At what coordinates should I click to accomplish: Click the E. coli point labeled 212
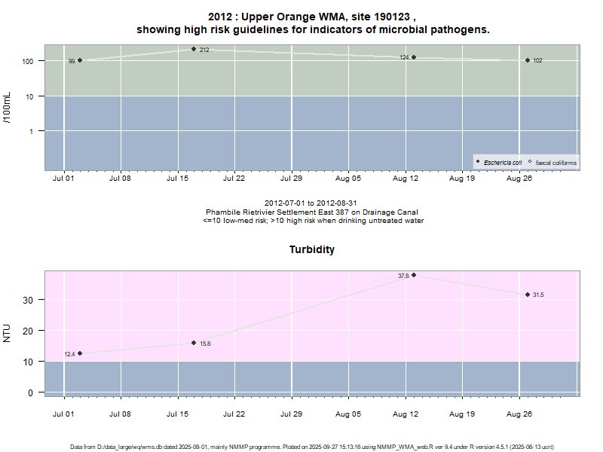coord(194,49)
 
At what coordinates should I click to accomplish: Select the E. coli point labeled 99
coord(80,60)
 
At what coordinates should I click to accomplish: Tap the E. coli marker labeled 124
coord(414,57)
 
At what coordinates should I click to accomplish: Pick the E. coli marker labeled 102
coord(528,60)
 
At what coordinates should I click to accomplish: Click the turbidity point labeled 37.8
coord(414,275)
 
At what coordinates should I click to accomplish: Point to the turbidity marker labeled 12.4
coord(80,353)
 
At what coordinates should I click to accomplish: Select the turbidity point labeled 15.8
coord(194,343)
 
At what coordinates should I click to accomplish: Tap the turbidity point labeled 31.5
coord(528,295)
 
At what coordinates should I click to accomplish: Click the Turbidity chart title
coord(312,249)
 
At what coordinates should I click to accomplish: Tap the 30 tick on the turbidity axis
coord(30,300)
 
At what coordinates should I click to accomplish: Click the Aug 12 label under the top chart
coord(406,179)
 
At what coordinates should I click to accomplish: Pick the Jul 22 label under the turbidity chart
coord(234,413)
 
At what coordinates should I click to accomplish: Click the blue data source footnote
coord(312,447)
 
